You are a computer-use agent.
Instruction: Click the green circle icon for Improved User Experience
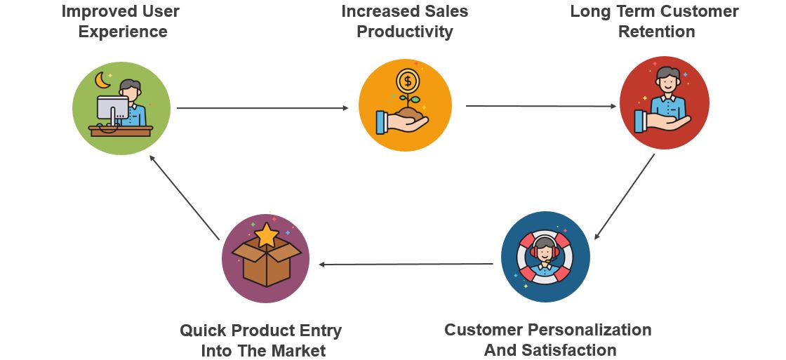[121, 108]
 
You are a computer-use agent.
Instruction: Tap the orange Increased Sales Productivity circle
[405, 105]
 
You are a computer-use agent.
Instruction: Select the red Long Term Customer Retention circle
[664, 103]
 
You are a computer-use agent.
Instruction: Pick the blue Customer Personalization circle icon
[545, 257]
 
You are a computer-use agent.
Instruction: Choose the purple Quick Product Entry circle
[265, 258]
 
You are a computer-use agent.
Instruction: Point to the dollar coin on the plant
[406, 79]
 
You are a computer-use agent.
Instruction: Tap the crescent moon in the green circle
[103, 81]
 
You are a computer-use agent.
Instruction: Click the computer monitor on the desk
[112, 108]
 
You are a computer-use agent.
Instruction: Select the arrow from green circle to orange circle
[262, 108]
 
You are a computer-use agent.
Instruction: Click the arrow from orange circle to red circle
[540, 106]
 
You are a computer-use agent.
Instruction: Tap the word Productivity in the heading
[405, 32]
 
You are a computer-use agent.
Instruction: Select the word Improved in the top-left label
[91, 11]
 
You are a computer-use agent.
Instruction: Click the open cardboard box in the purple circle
[267, 263]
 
